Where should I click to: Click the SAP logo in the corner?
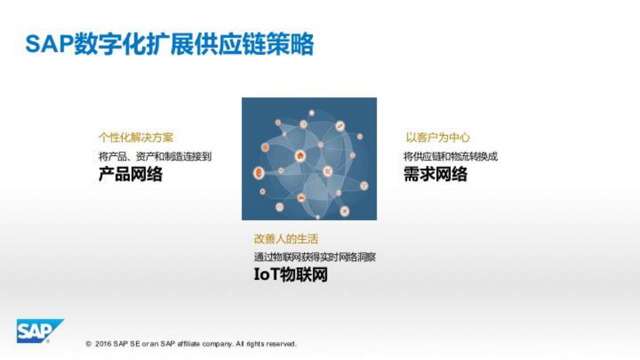tap(39, 331)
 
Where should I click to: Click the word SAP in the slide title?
tap(49, 44)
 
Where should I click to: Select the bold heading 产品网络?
tap(130, 174)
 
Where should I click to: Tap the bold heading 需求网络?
tap(435, 174)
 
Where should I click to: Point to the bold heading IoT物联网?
tap(290, 274)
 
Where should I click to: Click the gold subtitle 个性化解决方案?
tap(136, 138)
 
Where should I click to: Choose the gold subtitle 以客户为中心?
tap(438, 138)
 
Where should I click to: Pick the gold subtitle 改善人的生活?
tap(286, 239)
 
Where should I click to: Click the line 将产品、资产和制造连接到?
tap(155, 156)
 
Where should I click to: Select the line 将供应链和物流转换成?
tap(450, 156)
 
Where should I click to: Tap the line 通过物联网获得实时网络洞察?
tap(315, 257)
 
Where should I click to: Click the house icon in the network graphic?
tap(300, 156)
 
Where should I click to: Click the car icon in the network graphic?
tap(301, 198)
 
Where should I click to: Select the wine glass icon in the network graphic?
tap(365, 186)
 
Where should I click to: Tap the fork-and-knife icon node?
tap(328, 172)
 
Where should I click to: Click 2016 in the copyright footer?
tap(103, 344)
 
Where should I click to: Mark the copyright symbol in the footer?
tap(88, 344)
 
